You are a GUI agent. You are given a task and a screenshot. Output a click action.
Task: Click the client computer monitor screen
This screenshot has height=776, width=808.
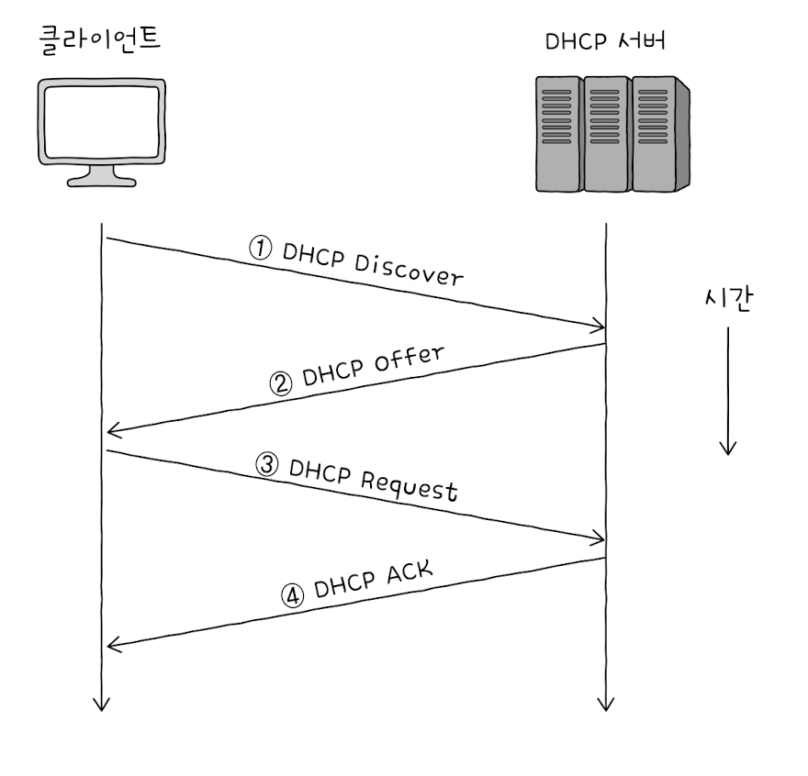click(x=102, y=120)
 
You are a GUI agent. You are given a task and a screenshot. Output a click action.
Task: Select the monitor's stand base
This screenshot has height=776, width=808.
click(x=102, y=179)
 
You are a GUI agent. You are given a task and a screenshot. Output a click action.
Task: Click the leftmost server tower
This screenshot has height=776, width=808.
click(x=558, y=134)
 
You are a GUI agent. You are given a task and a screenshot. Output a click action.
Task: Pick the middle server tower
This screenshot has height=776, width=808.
click(x=606, y=134)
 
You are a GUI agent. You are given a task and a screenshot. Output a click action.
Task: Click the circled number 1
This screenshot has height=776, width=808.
click(x=262, y=248)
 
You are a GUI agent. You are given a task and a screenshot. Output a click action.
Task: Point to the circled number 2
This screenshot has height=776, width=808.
click(x=281, y=382)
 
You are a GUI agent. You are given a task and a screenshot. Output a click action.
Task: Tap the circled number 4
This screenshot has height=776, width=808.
click(x=292, y=596)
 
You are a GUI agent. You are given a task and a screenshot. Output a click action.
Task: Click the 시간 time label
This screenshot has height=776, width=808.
click(x=726, y=300)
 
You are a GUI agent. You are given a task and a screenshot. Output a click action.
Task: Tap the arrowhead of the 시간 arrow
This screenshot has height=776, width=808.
click(x=727, y=449)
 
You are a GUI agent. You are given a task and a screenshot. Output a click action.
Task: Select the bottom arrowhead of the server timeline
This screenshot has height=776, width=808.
click(x=604, y=705)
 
